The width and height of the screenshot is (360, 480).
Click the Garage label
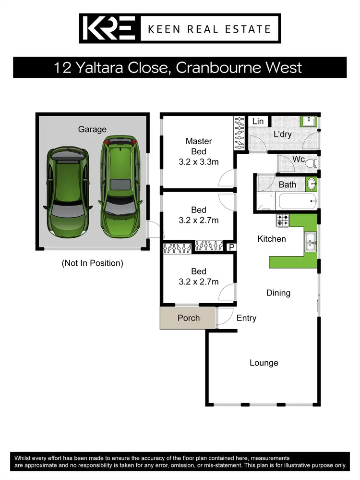[92, 129]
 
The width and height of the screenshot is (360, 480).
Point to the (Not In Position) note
[92, 263]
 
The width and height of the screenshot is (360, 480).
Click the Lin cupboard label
[258, 121]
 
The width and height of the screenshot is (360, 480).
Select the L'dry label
[282, 134]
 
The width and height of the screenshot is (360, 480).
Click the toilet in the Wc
[311, 161]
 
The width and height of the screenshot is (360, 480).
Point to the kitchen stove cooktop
[283, 221]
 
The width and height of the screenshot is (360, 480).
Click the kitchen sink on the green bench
[311, 241]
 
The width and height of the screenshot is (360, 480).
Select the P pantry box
[231, 247]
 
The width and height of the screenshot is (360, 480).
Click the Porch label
[188, 318]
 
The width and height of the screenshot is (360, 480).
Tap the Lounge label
[264, 363]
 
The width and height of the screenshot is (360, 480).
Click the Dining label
[278, 293]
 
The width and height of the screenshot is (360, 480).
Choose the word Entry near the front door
[246, 318]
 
